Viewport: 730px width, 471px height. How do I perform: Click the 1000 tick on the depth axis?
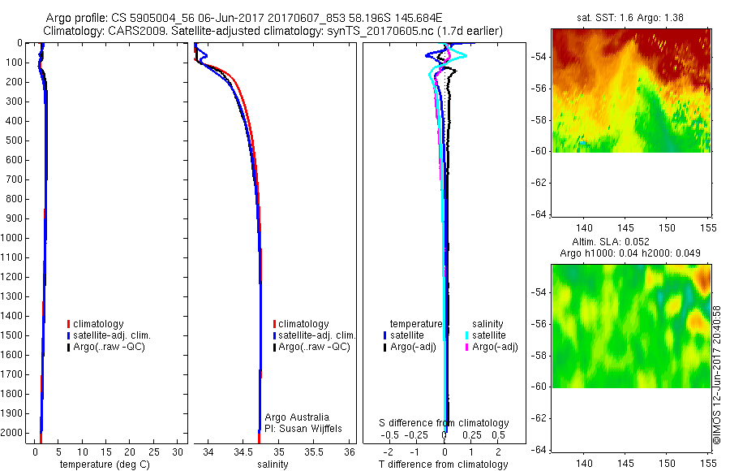pyautogui.click(x=13, y=238)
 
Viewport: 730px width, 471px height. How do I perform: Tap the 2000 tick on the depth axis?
pyautogui.click(x=13, y=433)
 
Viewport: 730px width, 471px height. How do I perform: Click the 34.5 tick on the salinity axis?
pyautogui.click(x=244, y=452)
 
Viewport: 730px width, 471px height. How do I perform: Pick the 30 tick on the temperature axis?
pyautogui.click(x=178, y=452)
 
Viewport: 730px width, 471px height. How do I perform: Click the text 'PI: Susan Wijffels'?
pyautogui.click(x=304, y=428)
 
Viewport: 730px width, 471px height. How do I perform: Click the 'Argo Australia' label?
pyautogui.click(x=298, y=417)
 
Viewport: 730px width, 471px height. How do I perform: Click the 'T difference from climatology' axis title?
pyautogui.click(x=444, y=465)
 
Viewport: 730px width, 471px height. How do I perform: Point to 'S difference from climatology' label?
pyautogui.click(x=444, y=423)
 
